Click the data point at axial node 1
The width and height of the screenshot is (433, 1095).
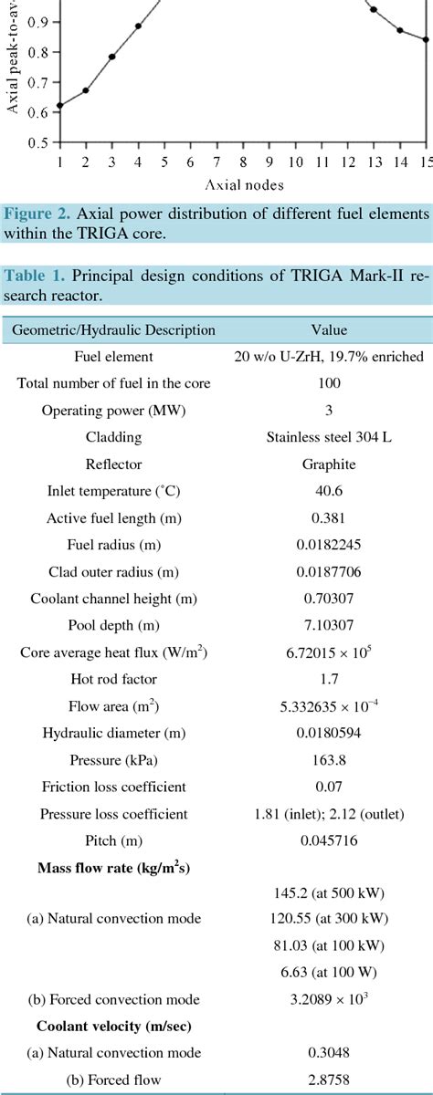point(59,106)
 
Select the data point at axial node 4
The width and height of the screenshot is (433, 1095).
point(138,26)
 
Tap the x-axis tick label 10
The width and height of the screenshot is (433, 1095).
point(295,162)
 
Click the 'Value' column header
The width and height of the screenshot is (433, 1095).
point(329,330)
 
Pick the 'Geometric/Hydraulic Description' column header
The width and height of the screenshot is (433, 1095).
point(114,330)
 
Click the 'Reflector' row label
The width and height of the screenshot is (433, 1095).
point(114,464)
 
